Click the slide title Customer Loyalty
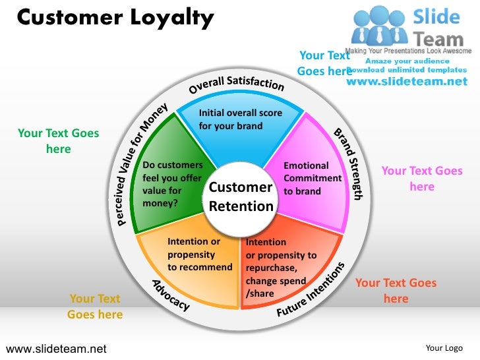point(115,18)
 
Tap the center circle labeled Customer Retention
point(241,197)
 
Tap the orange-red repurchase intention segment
point(284,270)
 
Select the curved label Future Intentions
point(311,289)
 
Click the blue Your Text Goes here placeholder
point(324,63)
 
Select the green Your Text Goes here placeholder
point(58,141)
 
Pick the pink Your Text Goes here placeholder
point(422,179)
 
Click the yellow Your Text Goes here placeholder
point(95,307)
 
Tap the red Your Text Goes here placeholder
point(396,291)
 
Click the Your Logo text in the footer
point(444,347)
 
